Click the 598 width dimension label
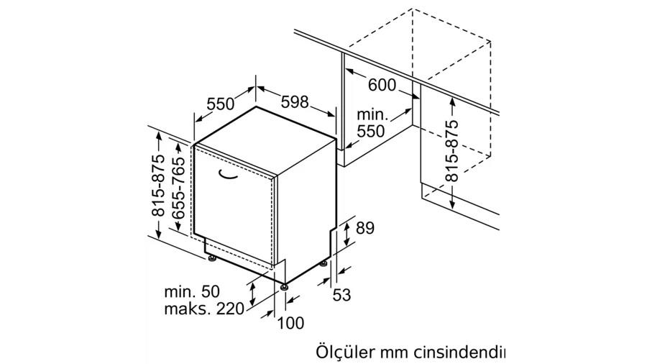tap(295, 101)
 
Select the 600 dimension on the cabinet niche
tap(382, 85)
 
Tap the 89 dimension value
tap(364, 228)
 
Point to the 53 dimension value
tap(341, 295)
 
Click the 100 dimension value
tap(290, 323)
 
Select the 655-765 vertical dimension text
tap(178, 188)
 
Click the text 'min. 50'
tap(192, 292)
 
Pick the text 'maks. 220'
tap(204, 309)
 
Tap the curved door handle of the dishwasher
tap(229, 175)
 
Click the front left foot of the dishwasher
tap(213, 259)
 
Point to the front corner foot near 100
tap(283, 286)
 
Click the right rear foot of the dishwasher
tap(323, 263)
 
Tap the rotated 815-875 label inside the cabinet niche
tap(452, 150)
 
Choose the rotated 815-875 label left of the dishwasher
tap(158, 186)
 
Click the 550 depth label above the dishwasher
tap(221, 104)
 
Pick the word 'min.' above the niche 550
tap(372, 114)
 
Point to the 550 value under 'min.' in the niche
tap(370, 131)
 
